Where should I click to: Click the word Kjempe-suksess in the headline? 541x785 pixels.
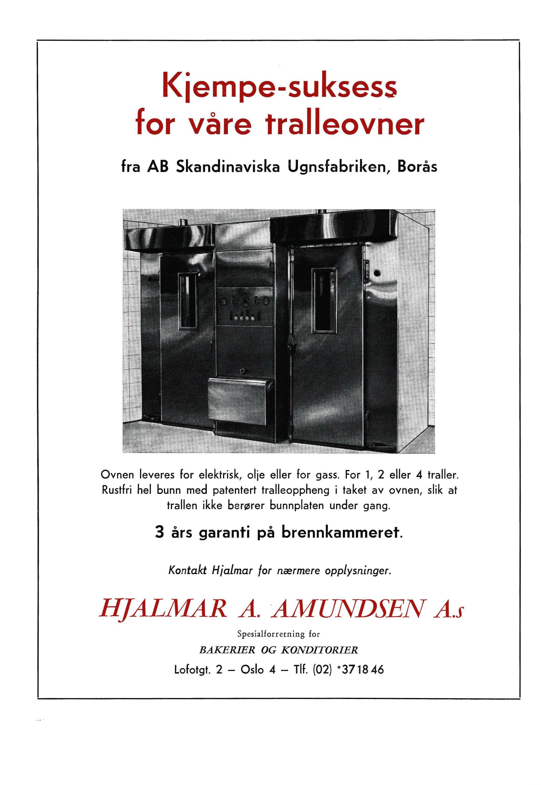(279, 87)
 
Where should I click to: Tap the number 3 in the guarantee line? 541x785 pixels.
(159, 533)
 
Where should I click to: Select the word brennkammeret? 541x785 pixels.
(342, 533)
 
